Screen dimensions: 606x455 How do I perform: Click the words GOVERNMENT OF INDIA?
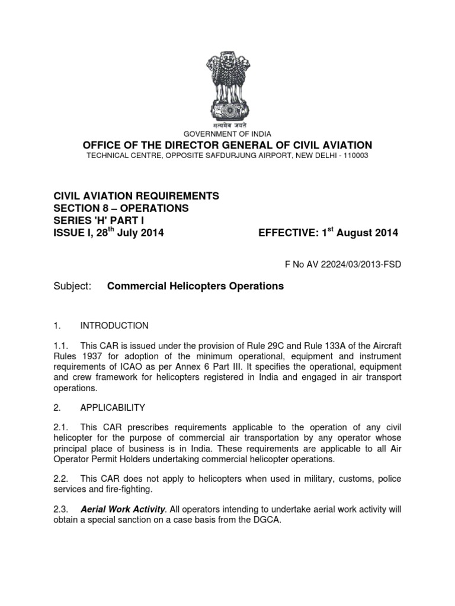pos(227,134)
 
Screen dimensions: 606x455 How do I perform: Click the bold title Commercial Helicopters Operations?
pos(195,286)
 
